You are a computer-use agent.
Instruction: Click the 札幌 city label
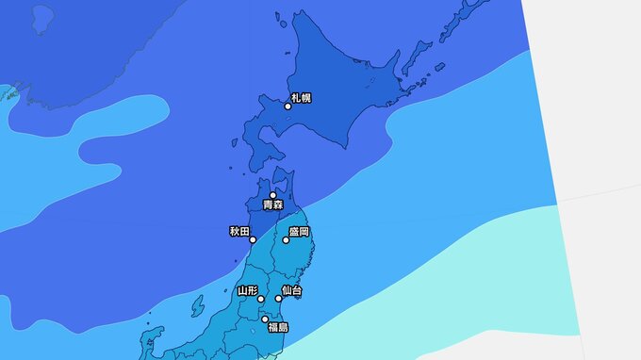click(x=301, y=97)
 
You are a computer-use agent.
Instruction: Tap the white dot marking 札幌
click(x=288, y=106)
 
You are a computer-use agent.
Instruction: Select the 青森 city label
click(x=272, y=205)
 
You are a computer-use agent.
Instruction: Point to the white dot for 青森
click(x=273, y=195)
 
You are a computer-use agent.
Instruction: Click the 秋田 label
click(x=239, y=231)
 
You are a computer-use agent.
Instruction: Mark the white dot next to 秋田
click(x=253, y=240)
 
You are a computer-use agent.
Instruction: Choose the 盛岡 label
click(x=299, y=231)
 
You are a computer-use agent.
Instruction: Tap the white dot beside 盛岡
click(x=286, y=240)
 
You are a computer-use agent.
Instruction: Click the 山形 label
click(x=248, y=290)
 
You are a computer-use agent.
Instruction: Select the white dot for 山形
click(x=261, y=300)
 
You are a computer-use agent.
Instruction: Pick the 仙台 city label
click(x=291, y=290)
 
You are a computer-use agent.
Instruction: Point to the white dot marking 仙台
click(x=278, y=300)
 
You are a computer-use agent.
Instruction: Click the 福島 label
click(x=277, y=327)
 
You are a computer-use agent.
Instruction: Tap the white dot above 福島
click(x=265, y=319)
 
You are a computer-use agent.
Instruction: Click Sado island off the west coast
click(x=197, y=307)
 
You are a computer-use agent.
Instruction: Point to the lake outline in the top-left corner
click(x=41, y=17)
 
